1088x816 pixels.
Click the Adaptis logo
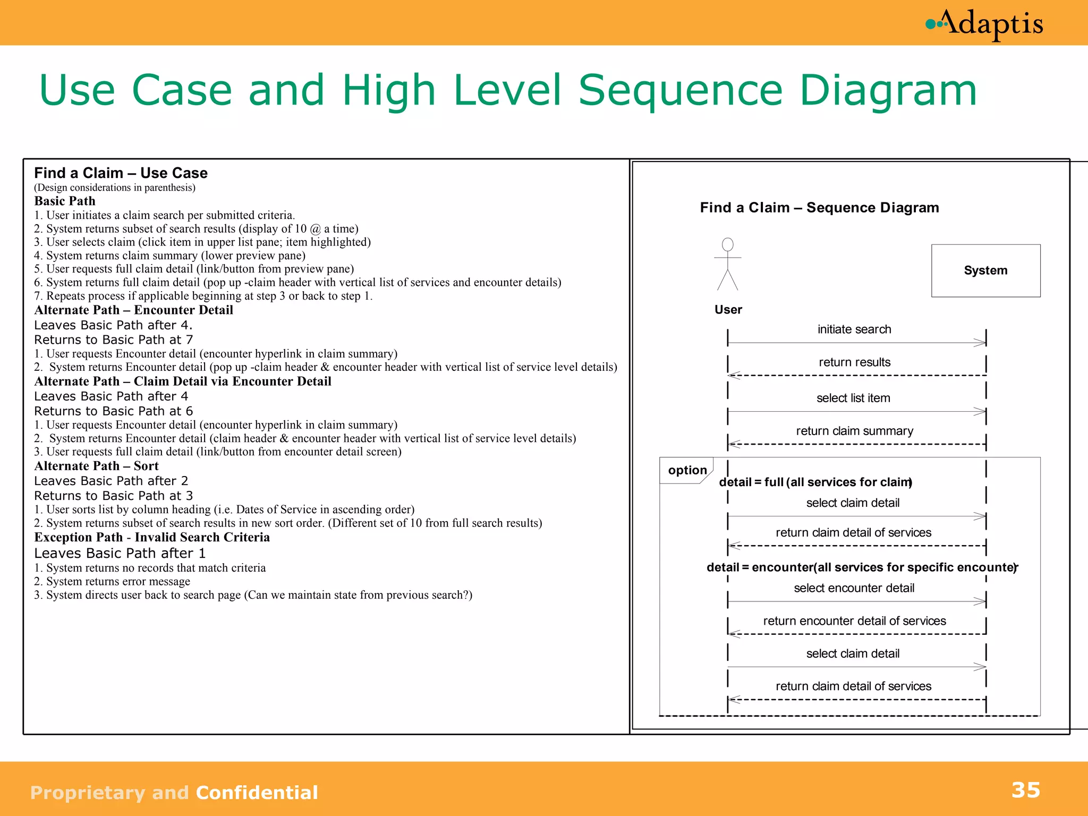985,24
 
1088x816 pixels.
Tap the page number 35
1025,790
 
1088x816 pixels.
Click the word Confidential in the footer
257,793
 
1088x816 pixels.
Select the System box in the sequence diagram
985,270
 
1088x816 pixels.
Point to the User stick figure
727,265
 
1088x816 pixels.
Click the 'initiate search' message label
854,329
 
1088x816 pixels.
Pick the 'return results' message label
854,362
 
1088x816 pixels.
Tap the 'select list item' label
853,398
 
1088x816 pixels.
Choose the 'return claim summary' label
854,431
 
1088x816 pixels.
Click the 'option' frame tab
687,470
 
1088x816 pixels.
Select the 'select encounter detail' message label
854,588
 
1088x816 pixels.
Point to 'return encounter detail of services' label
854,621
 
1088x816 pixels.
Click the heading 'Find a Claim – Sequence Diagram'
819,208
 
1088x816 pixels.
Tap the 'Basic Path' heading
65,201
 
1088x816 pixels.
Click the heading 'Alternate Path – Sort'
96,466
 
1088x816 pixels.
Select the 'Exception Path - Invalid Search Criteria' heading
152,537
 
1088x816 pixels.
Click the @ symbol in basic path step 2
316,229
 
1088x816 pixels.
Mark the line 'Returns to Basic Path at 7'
113,339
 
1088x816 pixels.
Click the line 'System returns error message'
112,581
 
